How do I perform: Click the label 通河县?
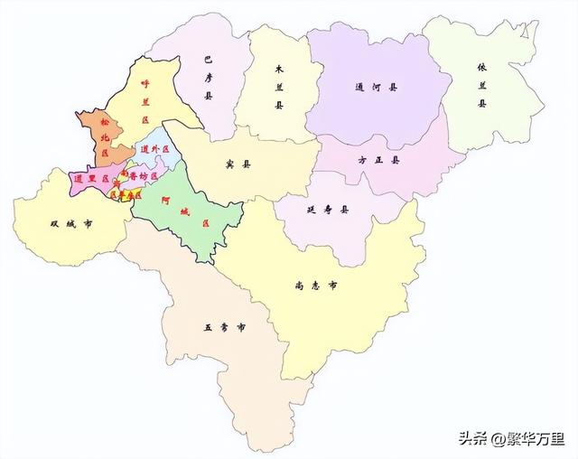pyautogui.click(x=380, y=89)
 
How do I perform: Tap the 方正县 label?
pyautogui.click(x=379, y=160)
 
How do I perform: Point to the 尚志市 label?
pyautogui.click(x=317, y=286)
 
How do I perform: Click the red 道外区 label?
pyautogui.click(x=154, y=149)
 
